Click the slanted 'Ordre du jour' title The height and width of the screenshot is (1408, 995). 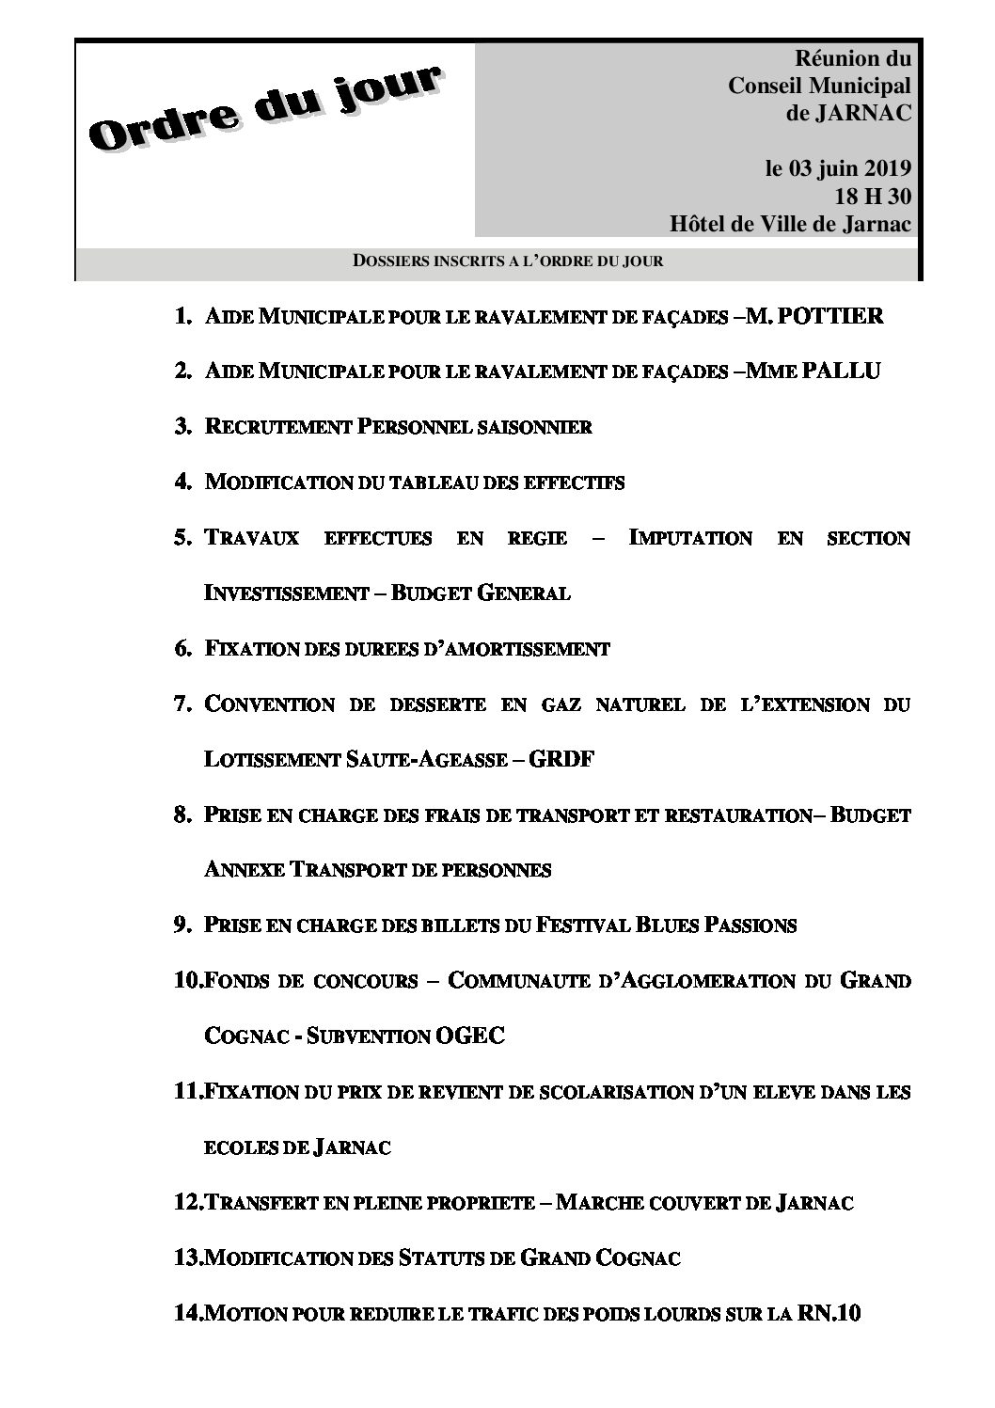(264, 109)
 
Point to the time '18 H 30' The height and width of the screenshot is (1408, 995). (873, 198)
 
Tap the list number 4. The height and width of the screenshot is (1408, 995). (182, 482)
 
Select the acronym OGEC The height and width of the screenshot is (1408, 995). (471, 1036)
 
